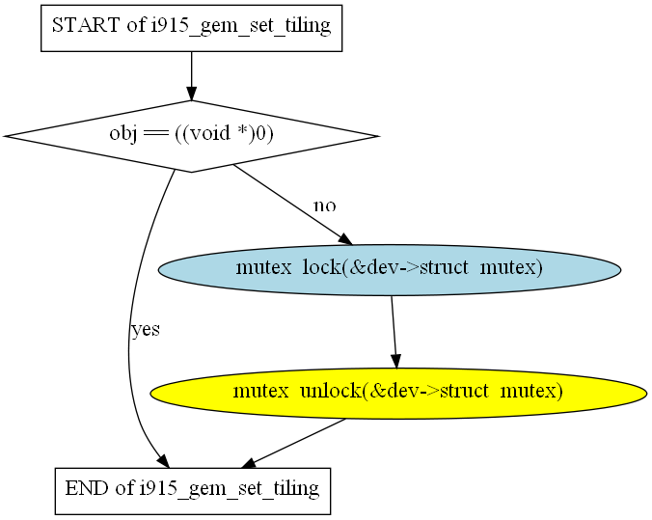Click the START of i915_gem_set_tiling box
tap(191, 28)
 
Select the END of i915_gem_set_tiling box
tap(193, 491)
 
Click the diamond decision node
tap(191, 136)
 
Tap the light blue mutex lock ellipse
tap(390, 270)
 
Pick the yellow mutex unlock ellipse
tap(398, 393)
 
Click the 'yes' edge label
tap(146, 330)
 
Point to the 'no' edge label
tap(325, 205)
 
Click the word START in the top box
tap(86, 25)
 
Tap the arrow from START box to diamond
tap(191, 76)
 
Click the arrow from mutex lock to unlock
tap(394, 332)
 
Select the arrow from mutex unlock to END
tap(293, 444)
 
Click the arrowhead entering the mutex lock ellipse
tap(345, 239)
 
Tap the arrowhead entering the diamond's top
tap(191, 94)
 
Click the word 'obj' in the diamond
tap(123, 134)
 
